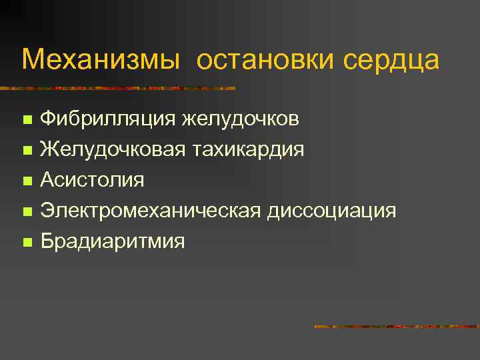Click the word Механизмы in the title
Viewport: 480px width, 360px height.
[101, 59]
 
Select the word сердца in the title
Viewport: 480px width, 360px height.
[391, 59]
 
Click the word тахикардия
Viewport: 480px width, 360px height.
[249, 149]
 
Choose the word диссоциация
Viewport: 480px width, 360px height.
[331, 211]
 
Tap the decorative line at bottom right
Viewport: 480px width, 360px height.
[397, 327]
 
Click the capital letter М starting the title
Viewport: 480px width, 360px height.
[31, 59]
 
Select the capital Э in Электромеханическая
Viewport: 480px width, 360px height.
[47, 211]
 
